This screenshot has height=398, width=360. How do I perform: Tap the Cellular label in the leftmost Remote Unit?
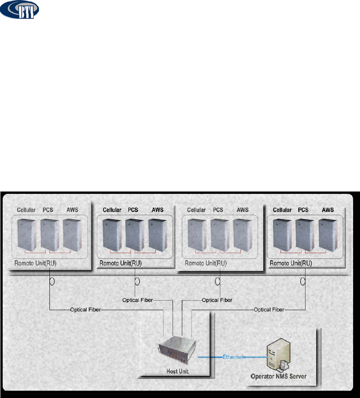point(26,210)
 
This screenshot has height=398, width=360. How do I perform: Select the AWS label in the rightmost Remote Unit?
point(327,210)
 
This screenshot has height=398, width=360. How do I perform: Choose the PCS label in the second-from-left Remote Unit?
point(133,210)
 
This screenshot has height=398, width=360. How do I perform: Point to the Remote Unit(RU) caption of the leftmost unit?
point(35,263)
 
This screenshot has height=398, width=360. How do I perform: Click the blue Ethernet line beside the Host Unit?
point(210,357)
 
